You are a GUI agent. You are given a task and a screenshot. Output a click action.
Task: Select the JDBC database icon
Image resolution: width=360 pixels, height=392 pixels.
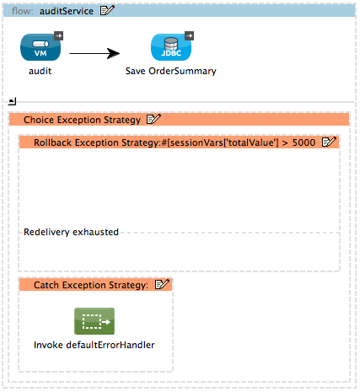click(170, 48)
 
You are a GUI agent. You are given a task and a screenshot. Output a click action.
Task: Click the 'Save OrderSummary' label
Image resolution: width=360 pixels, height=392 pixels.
click(170, 72)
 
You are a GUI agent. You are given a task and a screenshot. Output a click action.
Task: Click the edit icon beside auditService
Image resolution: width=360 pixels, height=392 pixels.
click(107, 10)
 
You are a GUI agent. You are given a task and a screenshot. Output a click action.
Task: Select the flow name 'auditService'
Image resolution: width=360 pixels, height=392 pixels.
click(66, 10)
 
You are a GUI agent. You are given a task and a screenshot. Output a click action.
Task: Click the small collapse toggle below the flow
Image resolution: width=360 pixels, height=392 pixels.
click(12, 100)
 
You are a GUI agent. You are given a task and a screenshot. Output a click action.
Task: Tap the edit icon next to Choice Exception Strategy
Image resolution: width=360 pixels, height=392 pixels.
click(153, 120)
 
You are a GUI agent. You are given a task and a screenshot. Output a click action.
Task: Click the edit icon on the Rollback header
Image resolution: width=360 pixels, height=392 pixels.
click(330, 142)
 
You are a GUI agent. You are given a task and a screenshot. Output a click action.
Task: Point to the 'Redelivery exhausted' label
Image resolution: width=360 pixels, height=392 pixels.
click(71, 232)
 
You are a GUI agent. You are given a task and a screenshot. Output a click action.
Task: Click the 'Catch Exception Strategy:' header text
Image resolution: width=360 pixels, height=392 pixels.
click(90, 285)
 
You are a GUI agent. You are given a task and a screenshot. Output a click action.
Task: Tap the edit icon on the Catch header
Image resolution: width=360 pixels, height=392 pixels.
click(163, 285)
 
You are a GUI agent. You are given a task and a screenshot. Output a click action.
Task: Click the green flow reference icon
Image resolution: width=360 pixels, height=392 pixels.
click(94, 321)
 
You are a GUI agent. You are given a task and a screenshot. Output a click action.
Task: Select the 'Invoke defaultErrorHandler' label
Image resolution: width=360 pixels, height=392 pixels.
click(94, 345)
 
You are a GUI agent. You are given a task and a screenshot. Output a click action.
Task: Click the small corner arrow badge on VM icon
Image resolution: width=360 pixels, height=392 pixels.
click(56, 36)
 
